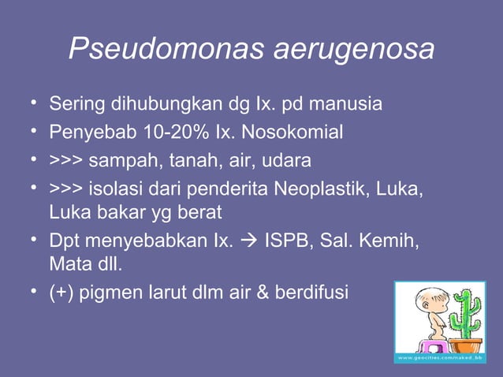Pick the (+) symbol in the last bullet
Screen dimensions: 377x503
click(61, 293)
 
